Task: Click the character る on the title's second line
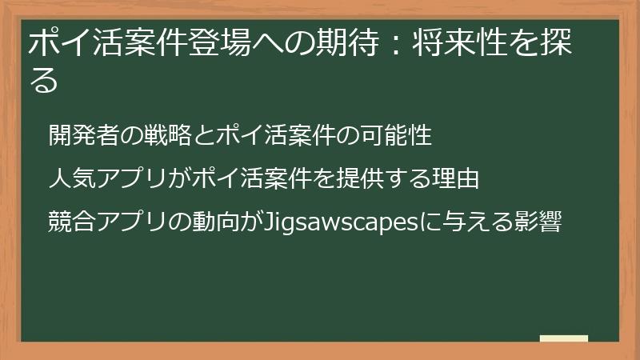pos(45,80)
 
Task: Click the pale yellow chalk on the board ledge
pos(564,339)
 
